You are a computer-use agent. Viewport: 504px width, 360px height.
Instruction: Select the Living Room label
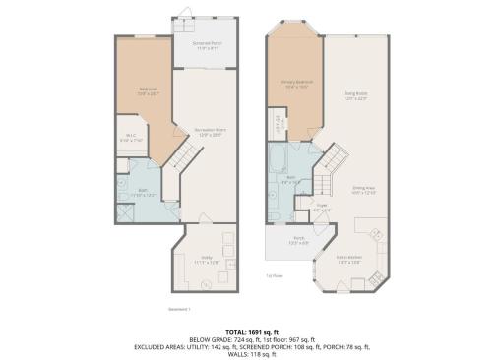(x=355, y=96)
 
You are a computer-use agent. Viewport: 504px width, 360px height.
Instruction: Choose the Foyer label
(x=321, y=208)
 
